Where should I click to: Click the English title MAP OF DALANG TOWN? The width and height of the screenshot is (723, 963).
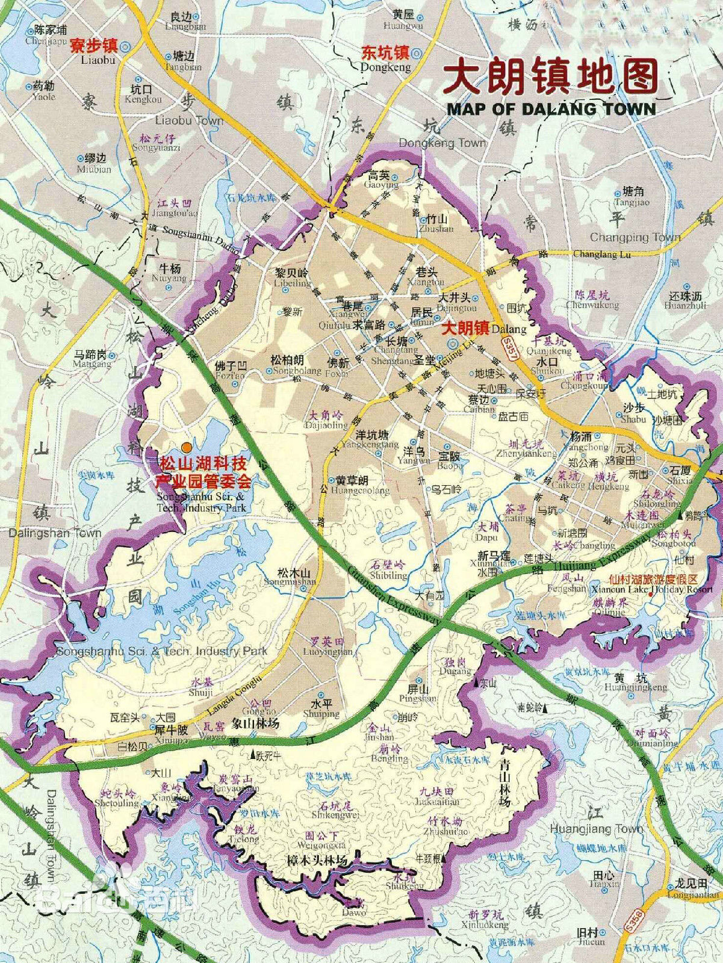click(550, 109)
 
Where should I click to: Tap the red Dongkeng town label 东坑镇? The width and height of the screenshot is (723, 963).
click(385, 53)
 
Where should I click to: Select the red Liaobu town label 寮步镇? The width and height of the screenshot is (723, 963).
click(92, 47)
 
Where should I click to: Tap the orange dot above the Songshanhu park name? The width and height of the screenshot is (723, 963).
click(187, 447)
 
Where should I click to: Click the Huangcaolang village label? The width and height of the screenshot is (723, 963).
click(355, 486)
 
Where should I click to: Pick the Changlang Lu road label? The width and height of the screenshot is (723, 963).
click(601, 255)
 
